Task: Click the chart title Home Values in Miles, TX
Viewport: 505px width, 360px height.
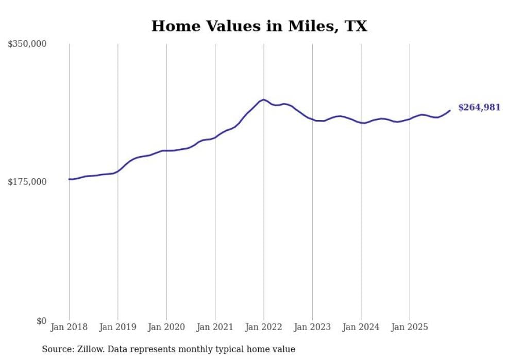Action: click(259, 26)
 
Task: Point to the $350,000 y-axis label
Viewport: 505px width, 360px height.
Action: click(27, 44)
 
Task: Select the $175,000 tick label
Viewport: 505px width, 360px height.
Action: click(27, 182)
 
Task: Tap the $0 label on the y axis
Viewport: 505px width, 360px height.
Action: click(41, 321)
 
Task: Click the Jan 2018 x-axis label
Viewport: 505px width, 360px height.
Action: click(69, 327)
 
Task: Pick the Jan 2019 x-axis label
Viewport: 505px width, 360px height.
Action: click(117, 327)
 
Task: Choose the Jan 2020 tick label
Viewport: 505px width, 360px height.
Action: click(166, 327)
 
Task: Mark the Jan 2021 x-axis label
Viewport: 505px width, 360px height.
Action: click(215, 327)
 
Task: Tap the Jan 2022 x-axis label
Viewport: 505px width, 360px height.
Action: click(264, 327)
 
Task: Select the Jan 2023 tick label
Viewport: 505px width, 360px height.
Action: click(312, 327)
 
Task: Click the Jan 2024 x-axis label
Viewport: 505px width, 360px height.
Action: click(361, 327)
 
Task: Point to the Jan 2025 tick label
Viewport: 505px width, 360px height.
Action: click(410, 327)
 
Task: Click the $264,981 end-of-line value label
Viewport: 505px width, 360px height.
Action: click(479, 108)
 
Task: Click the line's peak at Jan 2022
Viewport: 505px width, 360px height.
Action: click(264, 99)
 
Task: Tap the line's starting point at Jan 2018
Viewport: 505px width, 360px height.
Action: click(69, 179)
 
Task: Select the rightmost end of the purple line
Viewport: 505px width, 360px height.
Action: click(450, 110)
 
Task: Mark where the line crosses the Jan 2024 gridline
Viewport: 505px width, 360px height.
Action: click(361, 123)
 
